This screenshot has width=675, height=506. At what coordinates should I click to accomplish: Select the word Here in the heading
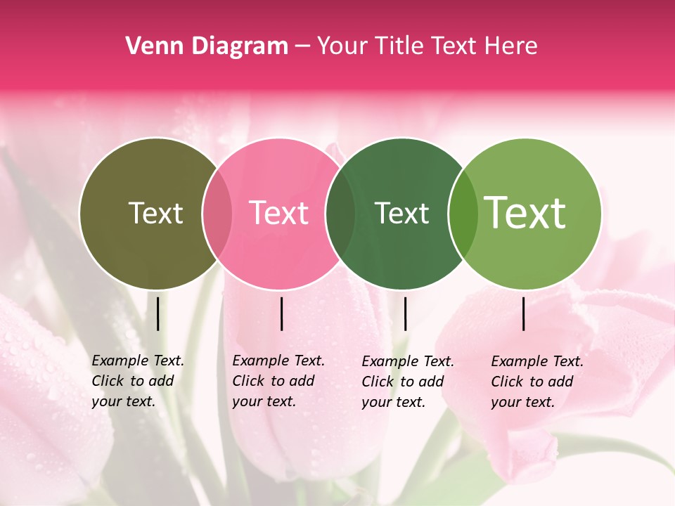pos(512,46)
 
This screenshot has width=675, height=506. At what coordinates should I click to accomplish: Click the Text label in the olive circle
pos(155,213)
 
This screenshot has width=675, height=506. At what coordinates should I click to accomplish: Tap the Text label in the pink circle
pos(279,213)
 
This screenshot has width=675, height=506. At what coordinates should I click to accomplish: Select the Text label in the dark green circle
pos(401,213)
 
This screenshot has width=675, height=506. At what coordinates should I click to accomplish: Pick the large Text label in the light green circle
pos(525,213)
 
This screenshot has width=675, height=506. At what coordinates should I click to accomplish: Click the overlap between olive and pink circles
pos(217,213)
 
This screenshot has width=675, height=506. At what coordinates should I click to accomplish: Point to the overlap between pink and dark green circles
pos(340,213)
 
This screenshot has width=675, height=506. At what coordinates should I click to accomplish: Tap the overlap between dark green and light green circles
pos(462,213)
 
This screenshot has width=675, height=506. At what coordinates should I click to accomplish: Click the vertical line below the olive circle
pos(157,313)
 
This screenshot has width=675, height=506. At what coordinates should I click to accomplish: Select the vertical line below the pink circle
pos(281,313)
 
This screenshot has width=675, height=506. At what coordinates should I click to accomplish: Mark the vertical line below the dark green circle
pos(405,313)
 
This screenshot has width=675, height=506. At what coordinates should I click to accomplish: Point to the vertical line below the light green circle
pos(524,313)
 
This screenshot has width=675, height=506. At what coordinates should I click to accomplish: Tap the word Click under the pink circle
pos(248,381)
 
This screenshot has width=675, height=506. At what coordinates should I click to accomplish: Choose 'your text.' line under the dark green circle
pos(393,402)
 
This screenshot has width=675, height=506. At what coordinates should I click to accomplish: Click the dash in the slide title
pos(302,46)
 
